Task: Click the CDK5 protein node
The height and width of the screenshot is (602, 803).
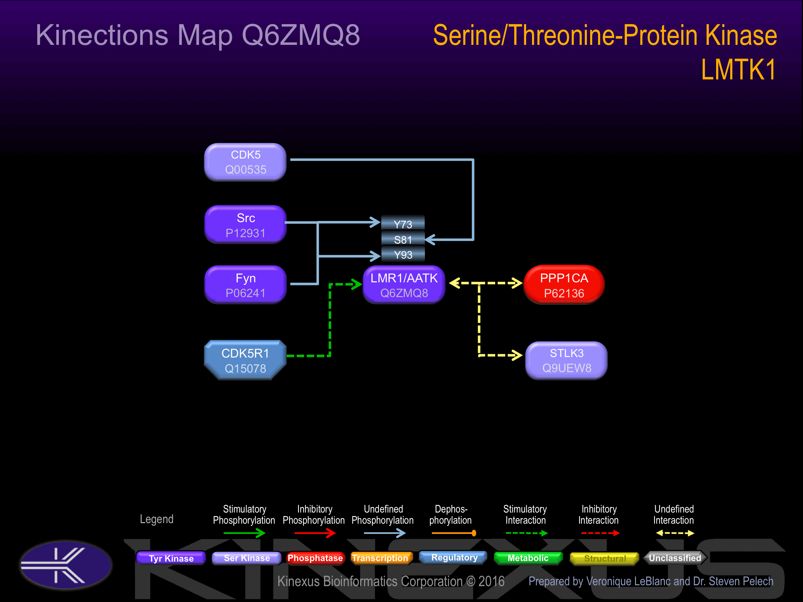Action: (245, 162)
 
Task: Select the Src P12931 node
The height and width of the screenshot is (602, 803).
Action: (245, 225)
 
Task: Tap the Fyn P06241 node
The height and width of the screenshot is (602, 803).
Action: (245, 285)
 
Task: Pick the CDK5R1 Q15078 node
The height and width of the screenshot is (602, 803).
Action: (245, 360)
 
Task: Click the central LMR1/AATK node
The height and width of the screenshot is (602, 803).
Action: (404, 285)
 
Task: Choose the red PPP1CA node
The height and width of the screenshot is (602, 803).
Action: (564, 285)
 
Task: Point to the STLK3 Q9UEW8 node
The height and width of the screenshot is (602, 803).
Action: (566, 360)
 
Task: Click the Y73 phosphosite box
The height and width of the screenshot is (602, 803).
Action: (403, 224)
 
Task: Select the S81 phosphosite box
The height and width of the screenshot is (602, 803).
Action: (403, 239)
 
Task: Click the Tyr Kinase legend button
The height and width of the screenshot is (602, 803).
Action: (171, 558)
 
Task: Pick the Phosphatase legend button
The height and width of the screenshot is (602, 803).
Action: (315, 558)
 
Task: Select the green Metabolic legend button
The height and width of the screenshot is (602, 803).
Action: (528, 558)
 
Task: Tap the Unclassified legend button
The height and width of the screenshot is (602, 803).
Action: (675, 558)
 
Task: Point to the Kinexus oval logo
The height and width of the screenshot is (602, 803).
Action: (66, 565)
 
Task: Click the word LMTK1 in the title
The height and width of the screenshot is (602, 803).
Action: (739, 69)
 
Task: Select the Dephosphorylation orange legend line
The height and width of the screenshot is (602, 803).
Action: (454, 533)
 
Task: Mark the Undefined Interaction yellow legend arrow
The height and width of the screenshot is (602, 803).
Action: (675, 533)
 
